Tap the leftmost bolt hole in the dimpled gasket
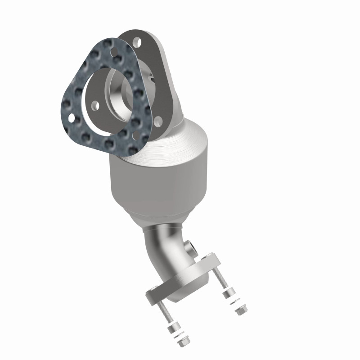pyautogui.click(x=70, y=119)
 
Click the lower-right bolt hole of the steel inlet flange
pyautogui.click(x=157, y=120)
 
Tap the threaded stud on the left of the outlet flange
pyautogui.click(x=165, y=315)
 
